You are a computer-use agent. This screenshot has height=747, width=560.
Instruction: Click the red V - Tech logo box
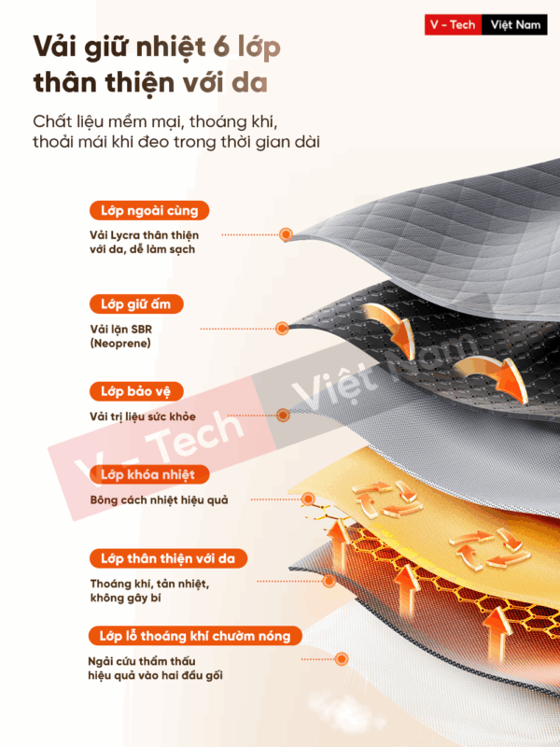tap(453, 25)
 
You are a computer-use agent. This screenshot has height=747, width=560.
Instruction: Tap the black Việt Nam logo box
tap(514, 25)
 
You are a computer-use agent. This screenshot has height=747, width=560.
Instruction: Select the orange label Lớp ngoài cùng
tap(149, 210)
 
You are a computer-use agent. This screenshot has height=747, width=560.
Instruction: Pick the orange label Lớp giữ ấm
tap(136, 304)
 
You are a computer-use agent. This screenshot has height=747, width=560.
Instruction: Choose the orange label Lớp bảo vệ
tap(136, 391)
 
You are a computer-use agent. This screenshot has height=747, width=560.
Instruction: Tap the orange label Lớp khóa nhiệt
tap(149, 474)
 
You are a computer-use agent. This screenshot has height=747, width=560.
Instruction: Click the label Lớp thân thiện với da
tap(168, 558)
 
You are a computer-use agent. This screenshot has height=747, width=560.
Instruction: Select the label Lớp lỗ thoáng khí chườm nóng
tap(195, 636)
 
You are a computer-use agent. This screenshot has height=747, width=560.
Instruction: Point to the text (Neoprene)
tap(120, 343)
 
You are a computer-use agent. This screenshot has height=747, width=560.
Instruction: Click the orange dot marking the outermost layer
tap(286, 234)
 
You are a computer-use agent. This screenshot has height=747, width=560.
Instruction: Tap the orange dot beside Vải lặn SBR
tap(283, 329)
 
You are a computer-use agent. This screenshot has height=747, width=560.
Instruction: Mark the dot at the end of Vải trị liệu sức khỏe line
tap(283, 415)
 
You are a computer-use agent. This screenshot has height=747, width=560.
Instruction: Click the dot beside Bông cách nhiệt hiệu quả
tap(309, 500)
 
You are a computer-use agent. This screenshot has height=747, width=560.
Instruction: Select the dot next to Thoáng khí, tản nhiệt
tap(329, 581)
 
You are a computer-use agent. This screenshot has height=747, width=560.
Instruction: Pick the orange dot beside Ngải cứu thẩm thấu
tap(342, 659)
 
